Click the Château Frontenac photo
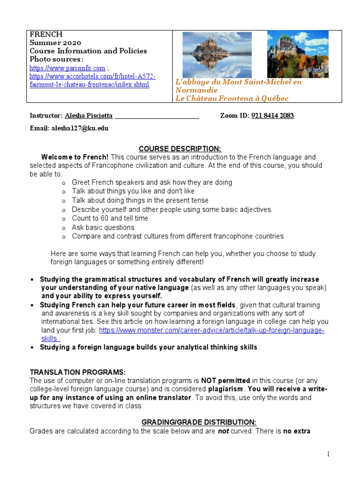click(x=298, y=54)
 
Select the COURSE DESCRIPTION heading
click(x=180, y=148)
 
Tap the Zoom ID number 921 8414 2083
click(x=272, y=116)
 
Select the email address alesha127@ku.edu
click(x=80, y=128)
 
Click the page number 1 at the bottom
click(x=329, y=454)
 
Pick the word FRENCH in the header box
click(x=46, y=35)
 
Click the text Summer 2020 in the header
click(x=55, y=43)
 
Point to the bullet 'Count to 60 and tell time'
click(x=110, y=218)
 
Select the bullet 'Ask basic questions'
click(x=103, y=227)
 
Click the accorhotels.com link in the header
click(x=92, y=76)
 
